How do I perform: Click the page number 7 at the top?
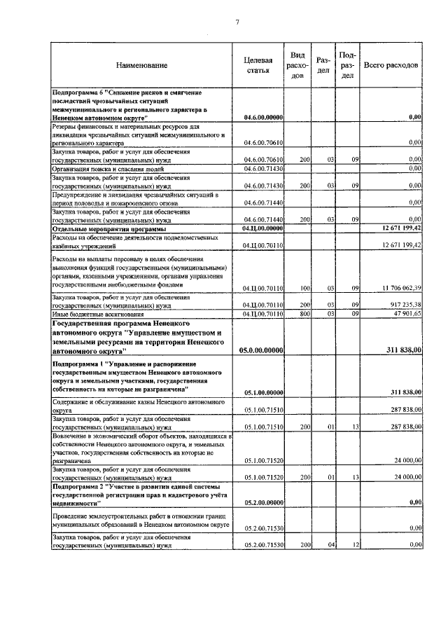237,22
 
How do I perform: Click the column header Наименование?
142,65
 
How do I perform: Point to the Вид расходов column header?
297,64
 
